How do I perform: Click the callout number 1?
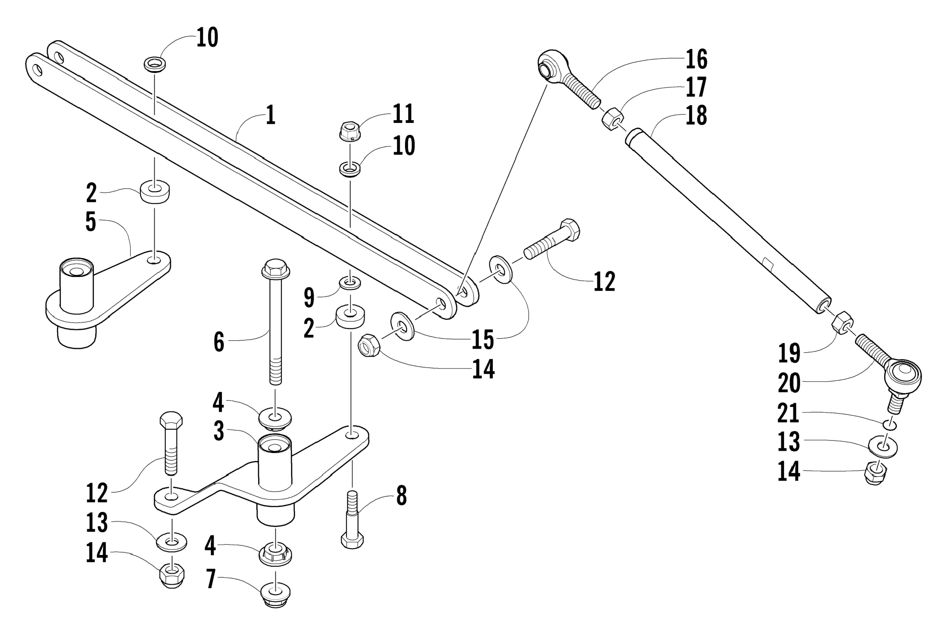pos(271,115)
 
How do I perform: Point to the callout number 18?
pos(696,116)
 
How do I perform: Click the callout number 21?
pos(789,413)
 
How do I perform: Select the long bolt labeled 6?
pos(276,319)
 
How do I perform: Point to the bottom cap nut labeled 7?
pos(275,594)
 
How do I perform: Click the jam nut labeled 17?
pos(612,119)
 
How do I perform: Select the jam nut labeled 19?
pos(842,323)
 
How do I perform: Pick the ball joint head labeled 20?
pos(903,375)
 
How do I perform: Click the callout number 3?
pos(218,431)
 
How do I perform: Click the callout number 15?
pos(483,339)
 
